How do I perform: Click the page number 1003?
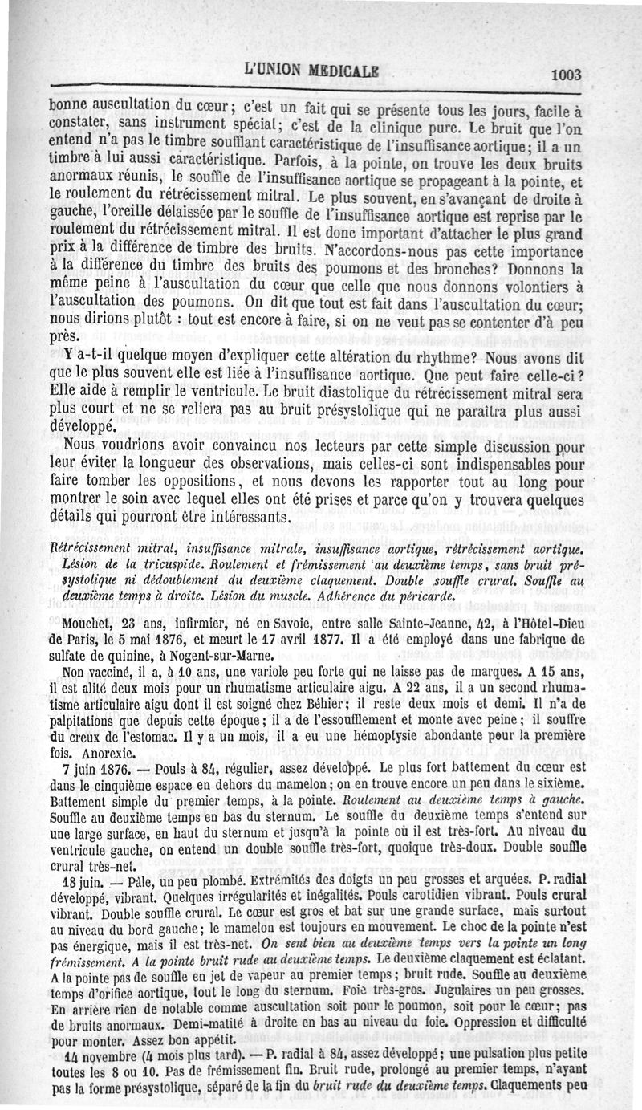(x=566, y=75)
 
